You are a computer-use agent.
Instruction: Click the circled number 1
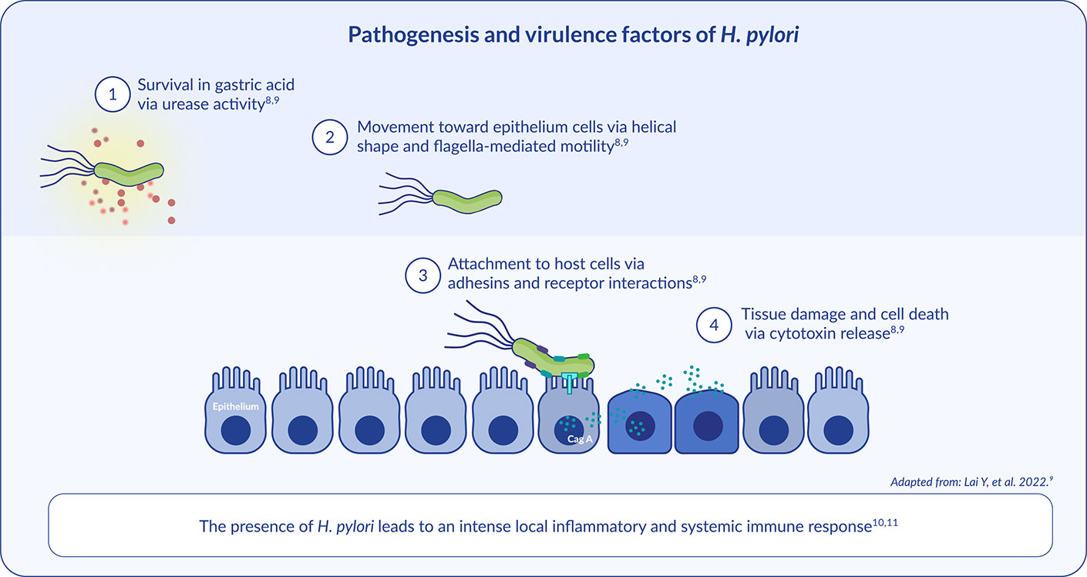113,95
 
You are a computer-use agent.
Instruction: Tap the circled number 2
330,137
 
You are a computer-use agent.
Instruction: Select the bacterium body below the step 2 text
466,198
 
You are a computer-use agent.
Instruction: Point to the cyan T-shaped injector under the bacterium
569,380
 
